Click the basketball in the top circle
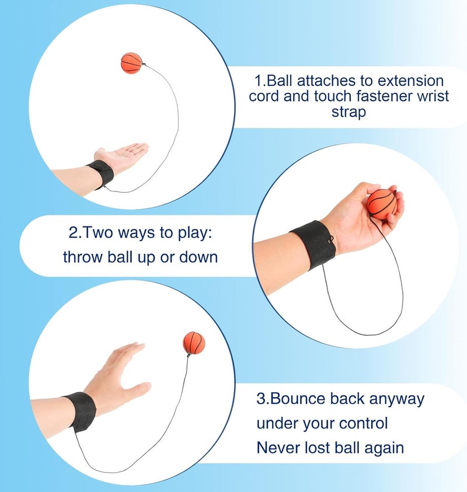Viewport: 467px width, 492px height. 131,62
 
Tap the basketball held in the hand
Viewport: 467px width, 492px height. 382,204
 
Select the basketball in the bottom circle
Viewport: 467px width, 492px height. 194,344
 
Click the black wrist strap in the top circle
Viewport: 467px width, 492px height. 99,174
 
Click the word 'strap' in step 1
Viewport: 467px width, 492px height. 348,112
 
